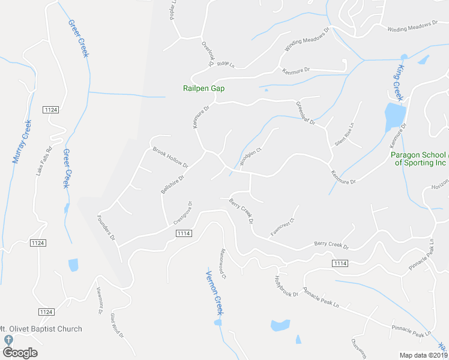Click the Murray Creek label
click(x=22, y=142)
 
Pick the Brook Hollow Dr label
click(x=170, y=157)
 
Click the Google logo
click(x=20, y=352)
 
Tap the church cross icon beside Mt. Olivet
click(x=8, y=340)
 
